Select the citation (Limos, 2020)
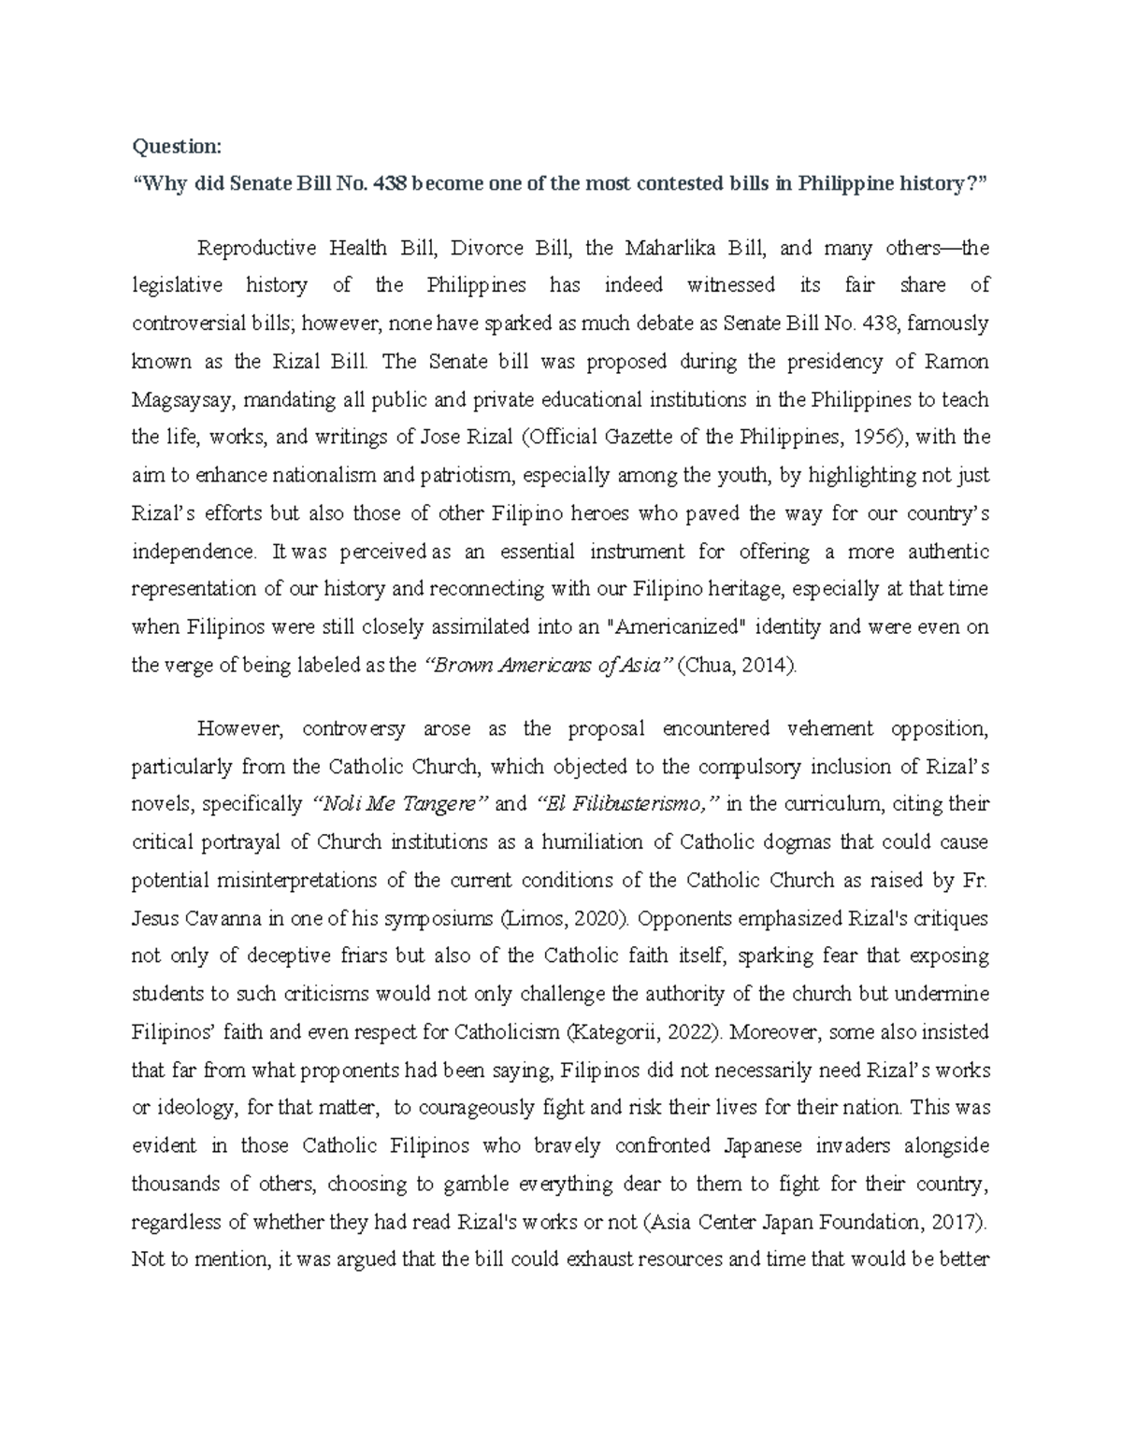coord(559,919)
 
